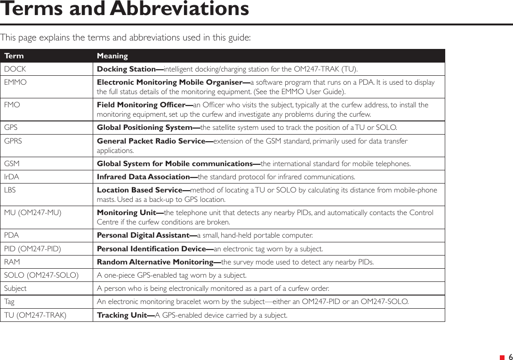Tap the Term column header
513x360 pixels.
click(x=14, y=56)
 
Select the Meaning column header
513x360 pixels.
click(x=112, y=56)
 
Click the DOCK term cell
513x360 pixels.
click(x=15, y=69)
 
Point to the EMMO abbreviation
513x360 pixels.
click(x=16, y=82)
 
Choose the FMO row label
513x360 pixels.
click(x=12, y=105)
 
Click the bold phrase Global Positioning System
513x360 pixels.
click(x=148, y=128)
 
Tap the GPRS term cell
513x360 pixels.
click(x=13, y=141)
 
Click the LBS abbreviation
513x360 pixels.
click(x=10, y=190)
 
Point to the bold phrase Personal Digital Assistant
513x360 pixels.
click(x=146, y=235)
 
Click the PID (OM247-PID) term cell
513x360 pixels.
click(x=32, y=248)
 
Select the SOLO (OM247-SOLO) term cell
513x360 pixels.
click(x=41, y=275)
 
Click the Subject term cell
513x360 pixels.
click(x=16, y=288)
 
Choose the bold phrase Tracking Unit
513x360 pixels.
click(x=126, y=315)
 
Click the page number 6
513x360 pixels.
click(x=510, y=357)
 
